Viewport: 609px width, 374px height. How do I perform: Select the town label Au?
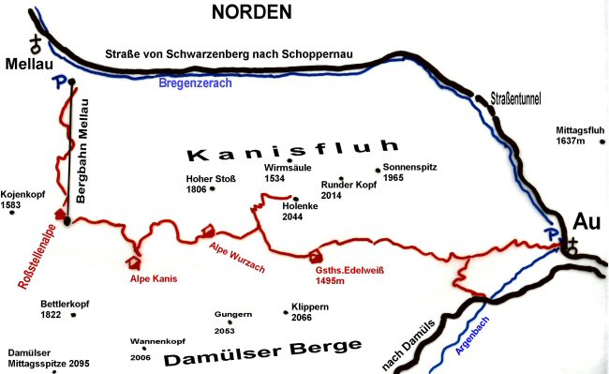tap(586, 222)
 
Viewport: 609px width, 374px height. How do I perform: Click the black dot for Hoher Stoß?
tap(213, 188)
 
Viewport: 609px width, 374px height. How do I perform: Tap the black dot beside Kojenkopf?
tap(11, 212)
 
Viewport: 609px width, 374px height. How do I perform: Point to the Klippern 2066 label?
tap(308, 312)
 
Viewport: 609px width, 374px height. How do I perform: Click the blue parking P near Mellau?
tap(60, 82)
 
